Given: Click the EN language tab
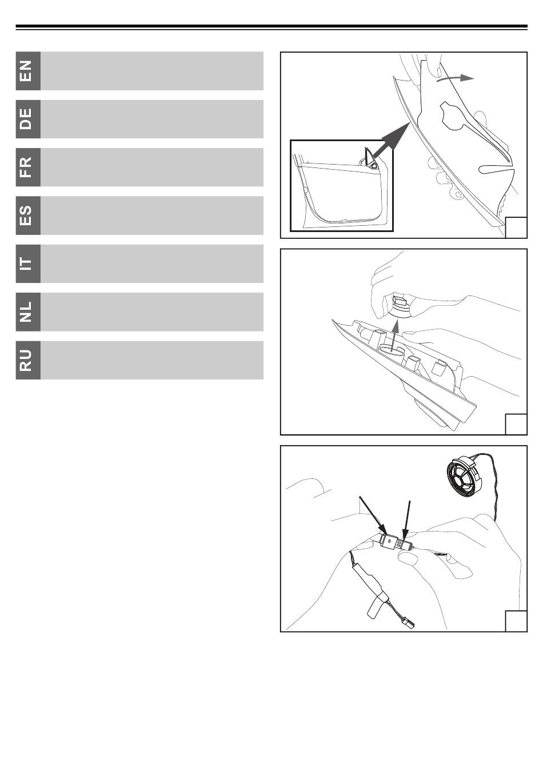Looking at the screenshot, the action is pos(28,71).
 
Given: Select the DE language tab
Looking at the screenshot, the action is pos(28,119).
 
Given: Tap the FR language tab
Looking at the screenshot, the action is pos(28,167).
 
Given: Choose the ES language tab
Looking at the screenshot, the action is pos(28,215).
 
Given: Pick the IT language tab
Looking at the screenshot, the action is pos(28,263).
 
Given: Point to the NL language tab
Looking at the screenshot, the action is pos(28,312).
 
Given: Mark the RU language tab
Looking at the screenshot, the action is pos(28,360).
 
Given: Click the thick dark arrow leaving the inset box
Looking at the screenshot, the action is pos(390,141).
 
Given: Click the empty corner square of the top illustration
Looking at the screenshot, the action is pos(516,227).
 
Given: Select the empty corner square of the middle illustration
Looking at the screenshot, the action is pos(516,424).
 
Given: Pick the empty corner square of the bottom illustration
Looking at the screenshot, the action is pos(516,621).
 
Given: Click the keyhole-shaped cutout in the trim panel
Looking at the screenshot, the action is pos(453,116).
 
